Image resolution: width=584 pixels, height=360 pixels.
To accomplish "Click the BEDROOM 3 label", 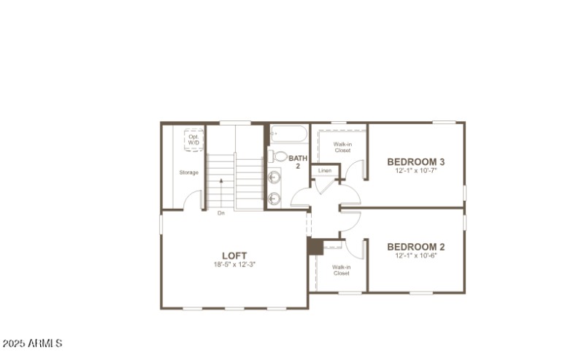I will [416, 161].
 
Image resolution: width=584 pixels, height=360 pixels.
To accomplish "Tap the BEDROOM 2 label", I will [416, 246].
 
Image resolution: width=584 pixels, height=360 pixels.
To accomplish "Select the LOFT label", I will [234, 255].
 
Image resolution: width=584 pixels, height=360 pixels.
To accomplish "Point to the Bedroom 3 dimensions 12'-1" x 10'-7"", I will [416, 171].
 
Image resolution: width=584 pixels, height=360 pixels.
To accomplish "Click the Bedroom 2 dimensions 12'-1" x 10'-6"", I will [416, 256].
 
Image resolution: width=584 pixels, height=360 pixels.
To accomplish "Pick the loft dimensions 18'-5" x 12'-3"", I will [234, 264].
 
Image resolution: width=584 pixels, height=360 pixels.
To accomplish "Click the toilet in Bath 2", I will [280, 156].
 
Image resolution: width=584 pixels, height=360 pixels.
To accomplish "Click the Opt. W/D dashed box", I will [193, 139].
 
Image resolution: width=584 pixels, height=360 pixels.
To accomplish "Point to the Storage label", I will [189, 172].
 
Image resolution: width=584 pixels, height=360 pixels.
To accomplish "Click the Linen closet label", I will [325, 171].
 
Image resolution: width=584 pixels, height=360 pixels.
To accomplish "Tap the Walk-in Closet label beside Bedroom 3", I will [342, 147].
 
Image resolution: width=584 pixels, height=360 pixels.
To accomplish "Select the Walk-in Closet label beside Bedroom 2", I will [342, 270].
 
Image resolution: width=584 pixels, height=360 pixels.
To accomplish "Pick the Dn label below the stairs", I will [221, 213].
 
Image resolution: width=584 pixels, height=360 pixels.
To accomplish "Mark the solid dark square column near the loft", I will [315, 247].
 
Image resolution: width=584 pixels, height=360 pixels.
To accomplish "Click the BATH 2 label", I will [298, 161].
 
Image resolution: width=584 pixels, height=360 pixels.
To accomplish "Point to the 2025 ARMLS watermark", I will [33, 342].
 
